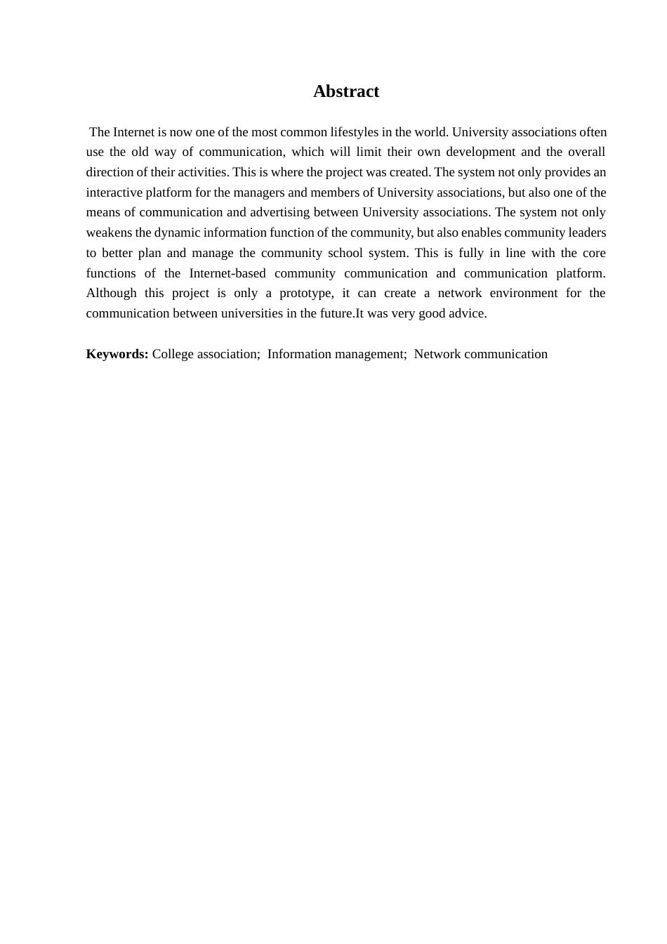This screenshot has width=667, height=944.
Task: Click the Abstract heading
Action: (x=345, y=91)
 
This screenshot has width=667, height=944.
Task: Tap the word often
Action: (x=593, y=132)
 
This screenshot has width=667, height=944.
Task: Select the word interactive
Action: (x=114, y=192)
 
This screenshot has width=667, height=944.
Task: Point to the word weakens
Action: (x=109, y=233)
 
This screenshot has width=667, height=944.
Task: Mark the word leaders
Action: (x=587, y=233)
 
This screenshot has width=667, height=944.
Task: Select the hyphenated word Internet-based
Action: (x=227, y=273)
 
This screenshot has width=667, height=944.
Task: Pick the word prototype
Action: (x=305, y=294)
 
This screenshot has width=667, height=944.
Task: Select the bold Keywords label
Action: (x=117, y=355)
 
